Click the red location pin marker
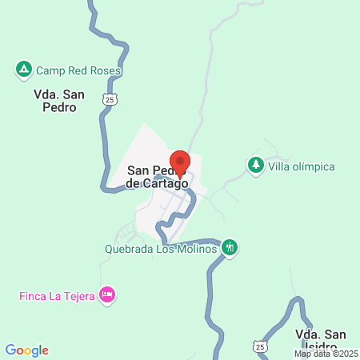(x=180, y=162)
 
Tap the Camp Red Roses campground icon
(x=24, y=70)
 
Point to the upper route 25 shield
(x=111, y=98)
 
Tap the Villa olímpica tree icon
(x=256, y=166)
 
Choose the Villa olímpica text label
(x=302, y=166)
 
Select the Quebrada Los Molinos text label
(x=161, y=249)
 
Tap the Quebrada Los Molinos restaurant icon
(x=230, y=247)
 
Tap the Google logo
(x=27, y=350)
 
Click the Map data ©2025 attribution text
(x=326, y=353)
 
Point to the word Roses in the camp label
(x=104, y=70)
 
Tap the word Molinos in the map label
(x=197, y=249)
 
